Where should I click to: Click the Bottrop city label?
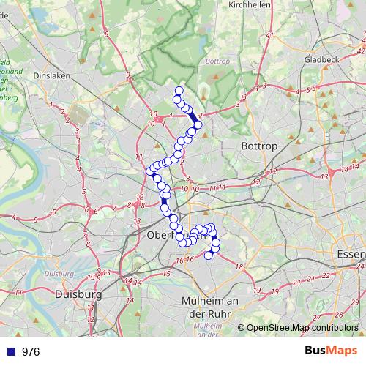tap(260, 146)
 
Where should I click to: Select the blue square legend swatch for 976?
tap(10, 351)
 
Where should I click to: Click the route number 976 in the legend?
tap(31, 351)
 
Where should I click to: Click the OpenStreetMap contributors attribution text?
tap(302, 329)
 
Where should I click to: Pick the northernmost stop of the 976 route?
tap(179, 91)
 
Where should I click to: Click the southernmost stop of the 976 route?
tap(208, 255)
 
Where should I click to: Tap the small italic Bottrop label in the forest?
tap(218, 61)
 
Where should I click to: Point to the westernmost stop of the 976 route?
tap(149, 171)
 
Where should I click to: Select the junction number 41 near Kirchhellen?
tap(269, 35)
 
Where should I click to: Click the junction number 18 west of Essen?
tap(239, 267)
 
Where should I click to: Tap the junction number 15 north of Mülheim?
tap(166, 274)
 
